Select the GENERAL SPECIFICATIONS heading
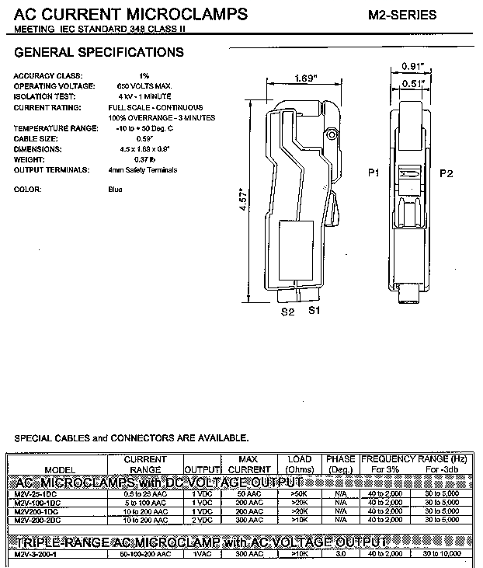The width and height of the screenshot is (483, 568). tap(99, 53)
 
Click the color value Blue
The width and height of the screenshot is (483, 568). tap(115, 190)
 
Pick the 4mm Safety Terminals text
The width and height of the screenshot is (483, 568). tap(143, 169)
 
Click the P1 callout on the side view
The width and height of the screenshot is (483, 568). tap(374, 172)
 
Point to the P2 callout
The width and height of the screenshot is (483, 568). tap(447, 172)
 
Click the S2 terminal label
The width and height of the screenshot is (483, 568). tap(287, 312)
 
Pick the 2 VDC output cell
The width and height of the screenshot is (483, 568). tap(201, 519)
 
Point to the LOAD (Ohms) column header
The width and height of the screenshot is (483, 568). tap(299, 465)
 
